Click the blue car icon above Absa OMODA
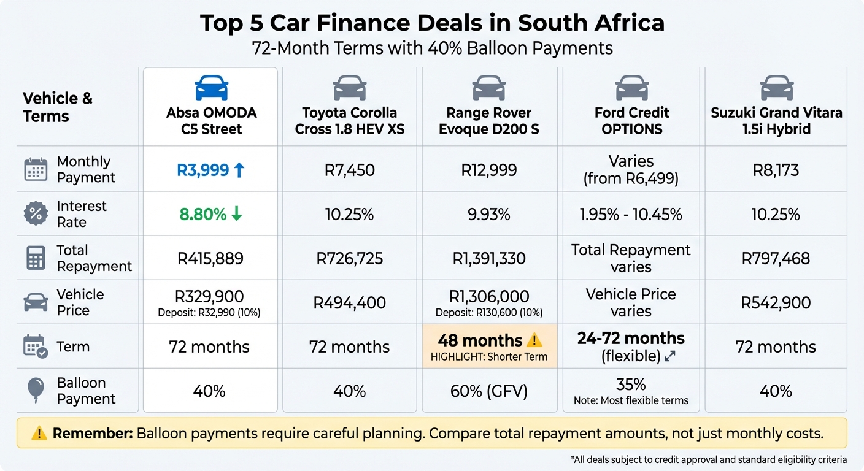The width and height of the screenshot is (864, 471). click(211, 88)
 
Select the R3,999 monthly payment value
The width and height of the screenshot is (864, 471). click(203, 170)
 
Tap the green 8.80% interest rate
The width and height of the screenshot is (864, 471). click(202, 214)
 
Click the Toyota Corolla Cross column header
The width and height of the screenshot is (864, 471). click(349, 121)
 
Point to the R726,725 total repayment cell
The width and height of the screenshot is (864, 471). click(349, 258)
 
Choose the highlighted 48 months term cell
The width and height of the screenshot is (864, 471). click(489, 347)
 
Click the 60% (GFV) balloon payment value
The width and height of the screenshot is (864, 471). click(489, 391)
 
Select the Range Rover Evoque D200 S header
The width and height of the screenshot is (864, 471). click(489, 121)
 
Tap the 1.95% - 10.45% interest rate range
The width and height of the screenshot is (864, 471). click(631, 214)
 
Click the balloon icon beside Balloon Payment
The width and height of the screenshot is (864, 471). click(35, 391)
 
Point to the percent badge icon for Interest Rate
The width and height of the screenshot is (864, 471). click(35, 214)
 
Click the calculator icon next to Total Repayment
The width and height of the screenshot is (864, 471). click(35, 258)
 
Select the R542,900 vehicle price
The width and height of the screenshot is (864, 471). click(776, 302)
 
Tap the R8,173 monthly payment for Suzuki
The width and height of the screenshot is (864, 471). click(776, 170)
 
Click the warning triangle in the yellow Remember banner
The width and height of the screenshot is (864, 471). click(39, 434)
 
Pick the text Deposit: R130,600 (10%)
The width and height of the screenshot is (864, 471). click(489, 313)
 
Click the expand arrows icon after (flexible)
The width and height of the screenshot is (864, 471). click(670, 356)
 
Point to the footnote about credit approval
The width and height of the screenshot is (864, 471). click(708, 459)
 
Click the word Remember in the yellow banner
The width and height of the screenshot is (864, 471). click(92, 434)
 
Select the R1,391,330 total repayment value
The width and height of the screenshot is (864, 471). click(489, 258)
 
